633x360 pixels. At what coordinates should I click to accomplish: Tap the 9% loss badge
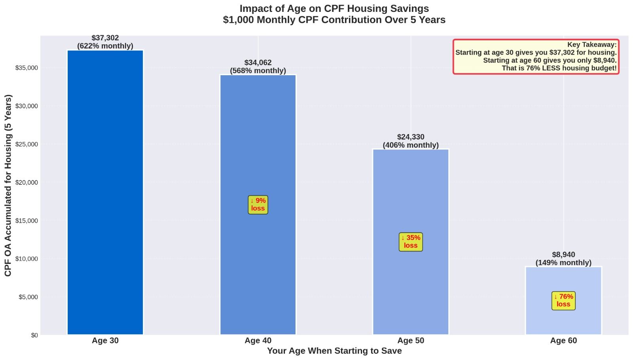[258, 205]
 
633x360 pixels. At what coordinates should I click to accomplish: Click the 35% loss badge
[411, 242]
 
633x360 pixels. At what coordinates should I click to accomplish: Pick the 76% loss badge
[563, 301]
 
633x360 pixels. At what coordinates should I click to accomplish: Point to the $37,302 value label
[105, 38]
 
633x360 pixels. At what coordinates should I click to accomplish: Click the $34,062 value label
[258, 63]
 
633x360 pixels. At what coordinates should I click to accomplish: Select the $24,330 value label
[411, 137]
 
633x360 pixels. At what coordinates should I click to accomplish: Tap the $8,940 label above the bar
[563, 255]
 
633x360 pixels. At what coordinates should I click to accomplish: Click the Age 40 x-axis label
[258, 341]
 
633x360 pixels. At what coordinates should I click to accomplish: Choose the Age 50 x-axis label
[411, 341]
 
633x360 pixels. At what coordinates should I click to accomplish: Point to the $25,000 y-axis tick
[27, 144]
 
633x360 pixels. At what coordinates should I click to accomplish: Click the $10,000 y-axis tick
[27, 259]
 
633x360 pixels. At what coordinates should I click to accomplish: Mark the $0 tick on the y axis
[34, 335]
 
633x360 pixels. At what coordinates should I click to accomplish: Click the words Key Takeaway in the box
[591, 45]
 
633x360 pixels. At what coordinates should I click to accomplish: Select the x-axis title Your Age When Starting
[334, 351]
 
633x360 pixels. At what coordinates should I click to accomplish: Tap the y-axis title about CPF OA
[8, 185]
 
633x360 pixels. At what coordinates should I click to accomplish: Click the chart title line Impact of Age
[334, 8]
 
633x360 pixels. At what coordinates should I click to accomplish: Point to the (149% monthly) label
[563, 263]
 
